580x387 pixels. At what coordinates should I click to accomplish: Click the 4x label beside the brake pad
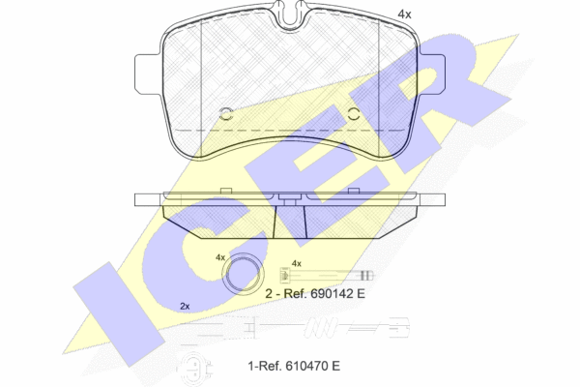pyautogui.click(x=404, y=15)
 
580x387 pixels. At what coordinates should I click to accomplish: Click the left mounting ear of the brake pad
pyautogui.click(x=148, y=74)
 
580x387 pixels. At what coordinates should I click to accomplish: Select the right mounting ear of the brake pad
pyautogui.click(x=431, y=74)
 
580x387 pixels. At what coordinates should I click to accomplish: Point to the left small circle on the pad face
pyautogui.click(x=225, y=114)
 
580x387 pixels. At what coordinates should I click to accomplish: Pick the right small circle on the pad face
pyautogui.click(x=354, y=114)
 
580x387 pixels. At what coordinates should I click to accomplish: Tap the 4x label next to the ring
pyautogui.click(x=220, y=256)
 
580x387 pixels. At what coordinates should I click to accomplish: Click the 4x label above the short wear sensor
pyautogui.click(x=297, y=263)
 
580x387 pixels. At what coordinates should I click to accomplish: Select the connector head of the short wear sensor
pyautogui.click(x=284, y=275)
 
